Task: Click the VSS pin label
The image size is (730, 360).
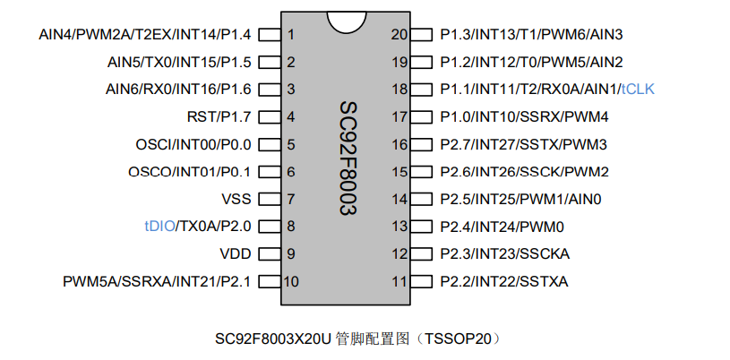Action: click(236, 199)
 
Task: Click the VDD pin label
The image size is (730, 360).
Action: click(236, 253)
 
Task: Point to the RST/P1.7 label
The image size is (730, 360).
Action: click(219, 116)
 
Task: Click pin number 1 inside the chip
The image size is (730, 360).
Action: click(291, 35)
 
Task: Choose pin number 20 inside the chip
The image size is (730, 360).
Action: click(399, 35)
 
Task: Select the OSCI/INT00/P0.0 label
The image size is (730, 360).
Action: click(193, 144)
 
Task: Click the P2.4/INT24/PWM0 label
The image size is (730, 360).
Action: click(502, 227)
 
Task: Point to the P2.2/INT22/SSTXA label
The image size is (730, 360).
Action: click(504, 281)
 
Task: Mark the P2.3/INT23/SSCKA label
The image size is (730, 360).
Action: click(505, 253)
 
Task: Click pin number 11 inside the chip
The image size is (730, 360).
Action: click(399, 281)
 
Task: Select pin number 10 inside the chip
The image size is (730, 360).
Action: click(291, 281)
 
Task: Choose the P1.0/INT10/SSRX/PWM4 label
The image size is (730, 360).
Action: click(525, 116)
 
